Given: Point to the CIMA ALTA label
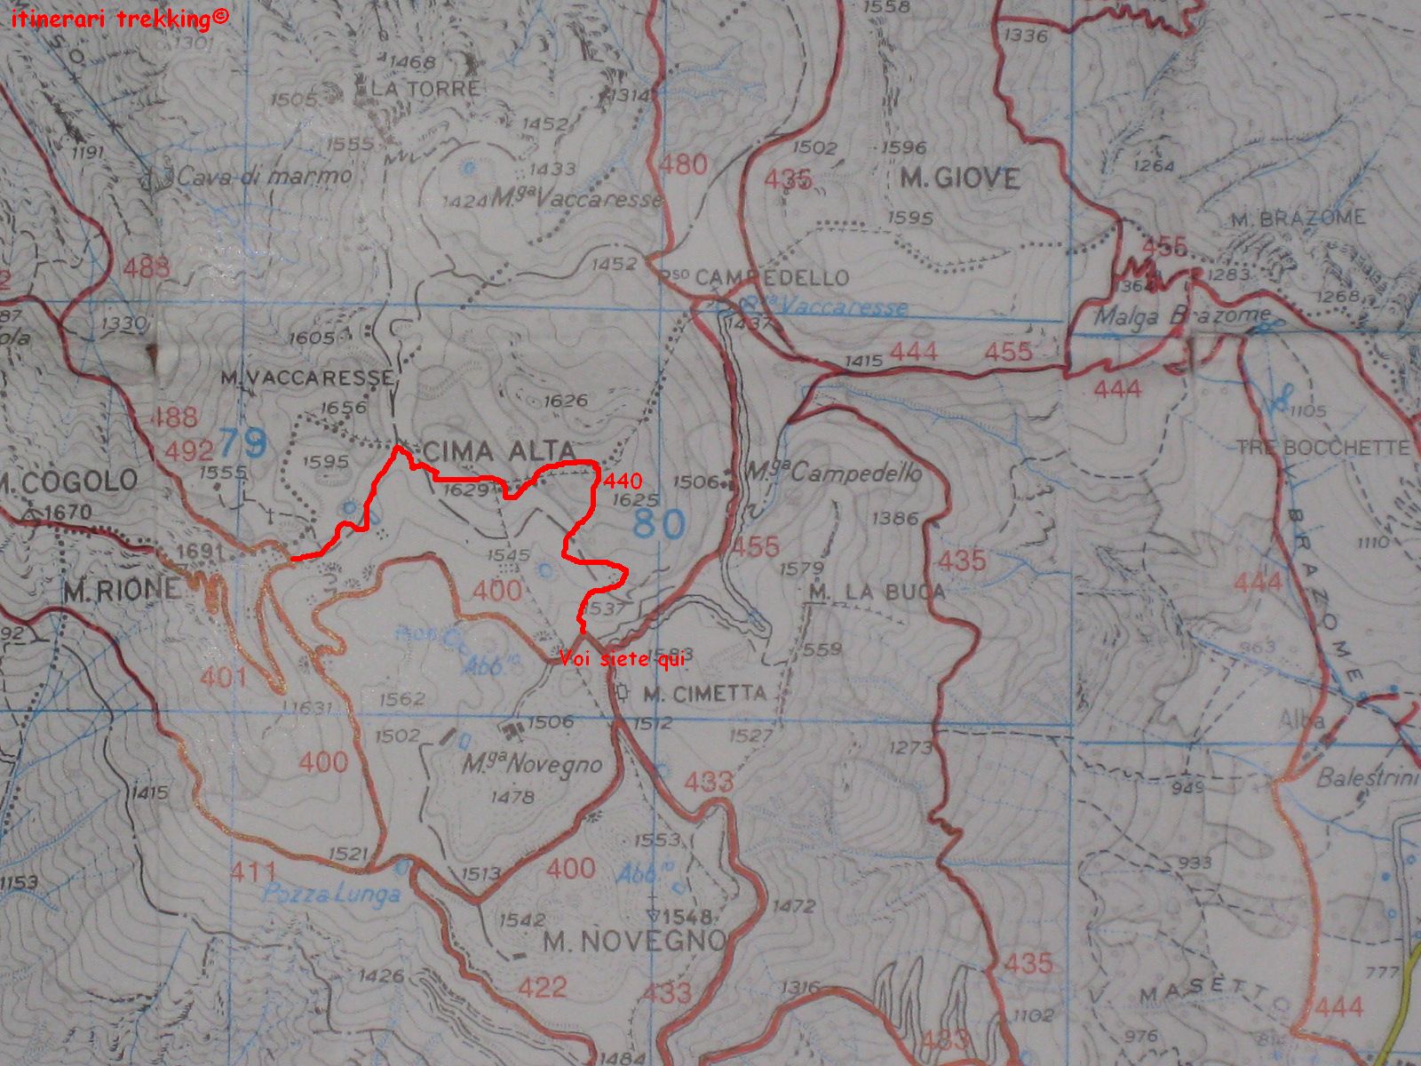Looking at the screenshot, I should pyautogui.click(x=500, y=450).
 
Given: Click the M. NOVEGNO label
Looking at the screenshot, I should pyautogui.click(x=634, y=941).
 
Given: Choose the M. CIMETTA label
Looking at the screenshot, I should pyautogui.click(x=703, y=694).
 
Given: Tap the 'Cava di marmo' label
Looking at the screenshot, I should pyautogui.click(x=264, y=176).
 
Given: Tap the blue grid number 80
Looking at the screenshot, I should pyautogui.click(x=660, y=523).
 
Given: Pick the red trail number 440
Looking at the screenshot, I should pyautogui.click(x=622, y=481).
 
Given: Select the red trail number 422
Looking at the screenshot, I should pyautogui.click(x=543, y=987).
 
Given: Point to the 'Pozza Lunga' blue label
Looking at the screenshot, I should pyautogui.click(x=331, y=893).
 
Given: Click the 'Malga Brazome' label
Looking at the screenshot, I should pyautogui.click(x=1181, y=315).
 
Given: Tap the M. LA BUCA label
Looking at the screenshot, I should pyautogui.click(x=877, y=592).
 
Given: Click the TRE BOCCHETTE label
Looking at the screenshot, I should pyautogui.click(x=1323, y=447).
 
